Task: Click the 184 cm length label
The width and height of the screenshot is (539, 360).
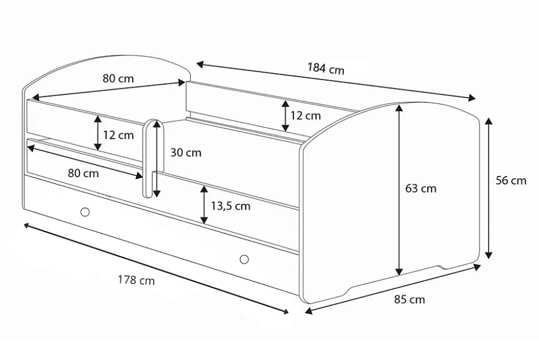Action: tap(326, 68)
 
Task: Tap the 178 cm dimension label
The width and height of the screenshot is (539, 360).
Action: tap(136, 280)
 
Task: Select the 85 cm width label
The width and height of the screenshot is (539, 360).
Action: tap(410, 299)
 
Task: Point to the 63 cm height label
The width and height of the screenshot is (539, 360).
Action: tap(421, 188)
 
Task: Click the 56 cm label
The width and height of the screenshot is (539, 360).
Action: tap(511, 181)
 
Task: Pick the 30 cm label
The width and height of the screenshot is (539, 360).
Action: tap(186, 152)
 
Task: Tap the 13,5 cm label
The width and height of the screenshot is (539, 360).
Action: tap(230, 206)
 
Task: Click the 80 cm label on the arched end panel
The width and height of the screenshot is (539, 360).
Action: tap(118, 78)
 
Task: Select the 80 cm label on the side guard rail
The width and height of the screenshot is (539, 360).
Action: tap(83, 173)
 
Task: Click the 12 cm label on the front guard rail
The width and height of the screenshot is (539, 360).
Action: tap(118, 135)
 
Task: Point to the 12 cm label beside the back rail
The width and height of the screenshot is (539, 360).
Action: tap(305, 116)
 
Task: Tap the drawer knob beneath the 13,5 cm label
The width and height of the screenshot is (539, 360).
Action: tap(244, 259)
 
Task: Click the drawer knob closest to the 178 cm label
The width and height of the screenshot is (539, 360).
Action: tap(85, 212)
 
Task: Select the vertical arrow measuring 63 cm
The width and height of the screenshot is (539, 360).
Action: tap(399, 190)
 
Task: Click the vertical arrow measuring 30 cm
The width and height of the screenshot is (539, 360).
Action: tap(157, 158)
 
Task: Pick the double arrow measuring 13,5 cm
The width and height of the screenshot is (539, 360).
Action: tap(204, 204)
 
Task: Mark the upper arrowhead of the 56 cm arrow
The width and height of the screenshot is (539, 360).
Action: tap(488, 121)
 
